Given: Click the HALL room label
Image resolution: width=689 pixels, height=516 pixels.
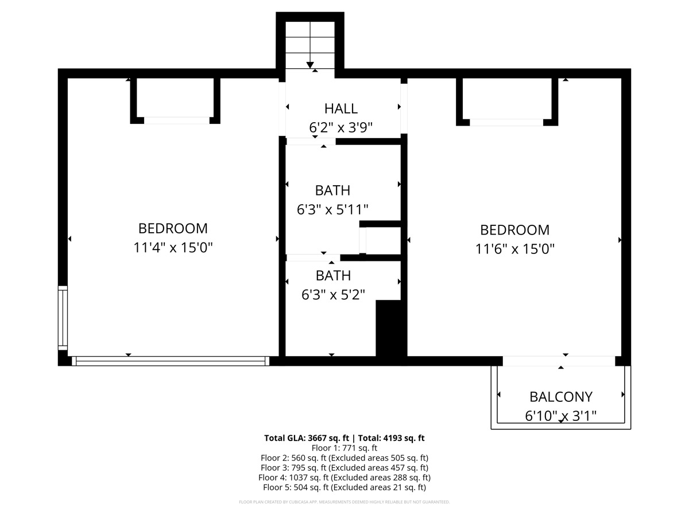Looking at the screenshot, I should (340, 108).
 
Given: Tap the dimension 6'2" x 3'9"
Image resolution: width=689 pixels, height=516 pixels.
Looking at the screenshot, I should (340, 127).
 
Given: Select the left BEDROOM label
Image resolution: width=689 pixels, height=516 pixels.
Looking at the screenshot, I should (173, 228).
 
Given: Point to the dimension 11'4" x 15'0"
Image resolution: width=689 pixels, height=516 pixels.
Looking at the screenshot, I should (173, 248).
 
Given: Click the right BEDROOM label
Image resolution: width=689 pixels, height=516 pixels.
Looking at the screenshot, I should (514, 230).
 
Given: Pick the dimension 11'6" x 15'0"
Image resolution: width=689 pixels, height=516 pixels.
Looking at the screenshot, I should (514, 249).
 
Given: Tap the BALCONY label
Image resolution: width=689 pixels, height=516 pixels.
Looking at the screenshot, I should (560, 396).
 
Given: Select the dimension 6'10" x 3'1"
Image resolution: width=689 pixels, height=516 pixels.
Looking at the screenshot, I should (560, 416).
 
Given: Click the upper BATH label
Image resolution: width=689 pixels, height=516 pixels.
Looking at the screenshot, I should (332, 190).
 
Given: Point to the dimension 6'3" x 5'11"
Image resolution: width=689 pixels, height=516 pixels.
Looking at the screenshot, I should (332, 210).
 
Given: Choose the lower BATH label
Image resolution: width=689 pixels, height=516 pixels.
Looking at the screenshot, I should (333, 276).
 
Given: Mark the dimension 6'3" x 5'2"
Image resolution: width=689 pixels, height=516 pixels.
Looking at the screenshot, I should (333, 295).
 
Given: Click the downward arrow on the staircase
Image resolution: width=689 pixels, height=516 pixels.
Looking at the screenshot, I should (310, 64).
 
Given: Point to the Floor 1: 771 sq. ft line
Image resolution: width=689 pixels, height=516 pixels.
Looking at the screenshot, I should (344, 448).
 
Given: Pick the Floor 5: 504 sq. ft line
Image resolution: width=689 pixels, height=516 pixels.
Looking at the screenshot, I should (344, 487).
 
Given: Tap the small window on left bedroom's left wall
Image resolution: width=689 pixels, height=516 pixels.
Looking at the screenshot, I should (63, 318).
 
